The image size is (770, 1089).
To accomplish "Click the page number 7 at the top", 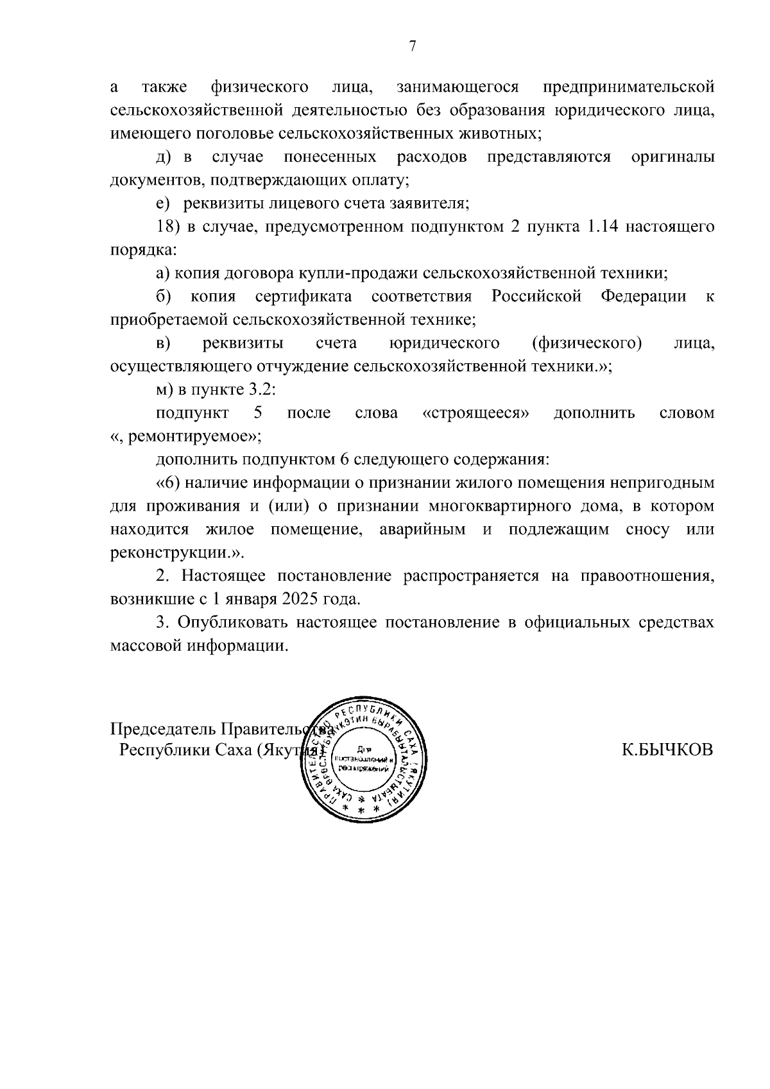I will pyautogui.click(x=413, y=46).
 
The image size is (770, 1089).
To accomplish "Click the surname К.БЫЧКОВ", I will pyautogui.click(x=667, y=750).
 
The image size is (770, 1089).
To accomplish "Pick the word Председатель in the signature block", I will pyautogui.click(x=164, y=730).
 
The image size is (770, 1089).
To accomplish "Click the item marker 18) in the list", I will pyautogui.click(x=169, y=227).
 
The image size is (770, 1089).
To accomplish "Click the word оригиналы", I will pyautogui.click(x=672, y=157).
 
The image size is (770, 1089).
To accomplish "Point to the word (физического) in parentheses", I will pyautogui.click(x=586, y=343).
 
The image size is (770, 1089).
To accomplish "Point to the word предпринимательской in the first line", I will pyautogui.click(x=628, y=87).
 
